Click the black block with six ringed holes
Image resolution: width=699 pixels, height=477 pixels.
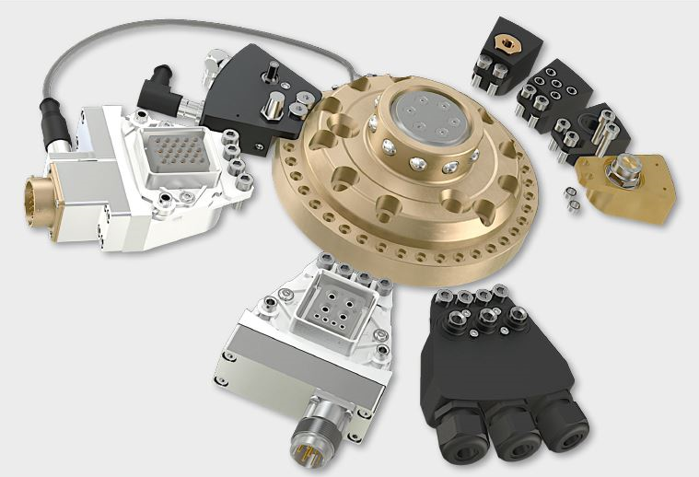[553, 90]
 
